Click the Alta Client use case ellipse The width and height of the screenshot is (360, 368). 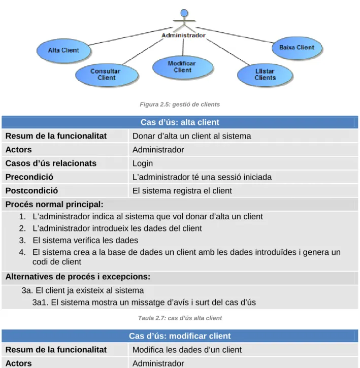[63, 50]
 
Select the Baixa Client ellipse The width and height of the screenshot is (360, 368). [297, 48]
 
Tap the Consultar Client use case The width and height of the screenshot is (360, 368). [107, 75]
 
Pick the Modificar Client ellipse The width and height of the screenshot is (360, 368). [183, 67]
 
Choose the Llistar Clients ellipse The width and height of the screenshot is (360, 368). [265, 75]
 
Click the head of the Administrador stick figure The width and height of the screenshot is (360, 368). [184, 13]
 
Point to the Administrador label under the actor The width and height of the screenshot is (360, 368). [183, 35]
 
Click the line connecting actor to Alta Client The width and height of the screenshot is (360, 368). [130, 36]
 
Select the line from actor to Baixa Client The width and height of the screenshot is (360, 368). [235, 35]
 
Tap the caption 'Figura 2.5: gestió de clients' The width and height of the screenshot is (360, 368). [180, 104]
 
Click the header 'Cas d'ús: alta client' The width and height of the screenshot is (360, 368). [180, 122]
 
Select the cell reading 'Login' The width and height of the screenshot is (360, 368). [143, 163]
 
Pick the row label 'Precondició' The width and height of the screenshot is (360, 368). [29, 177]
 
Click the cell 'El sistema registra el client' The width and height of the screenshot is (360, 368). [182, 190]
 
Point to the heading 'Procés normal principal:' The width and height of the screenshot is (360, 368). [54, 204]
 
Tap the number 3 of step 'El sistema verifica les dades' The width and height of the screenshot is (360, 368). [22, 240]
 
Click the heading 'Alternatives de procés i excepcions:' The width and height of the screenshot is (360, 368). [78, 277]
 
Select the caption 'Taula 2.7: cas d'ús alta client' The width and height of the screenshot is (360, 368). [180, 318]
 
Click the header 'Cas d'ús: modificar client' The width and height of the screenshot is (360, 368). [180, 336]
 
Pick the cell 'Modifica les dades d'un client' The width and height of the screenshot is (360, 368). [187, 350]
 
